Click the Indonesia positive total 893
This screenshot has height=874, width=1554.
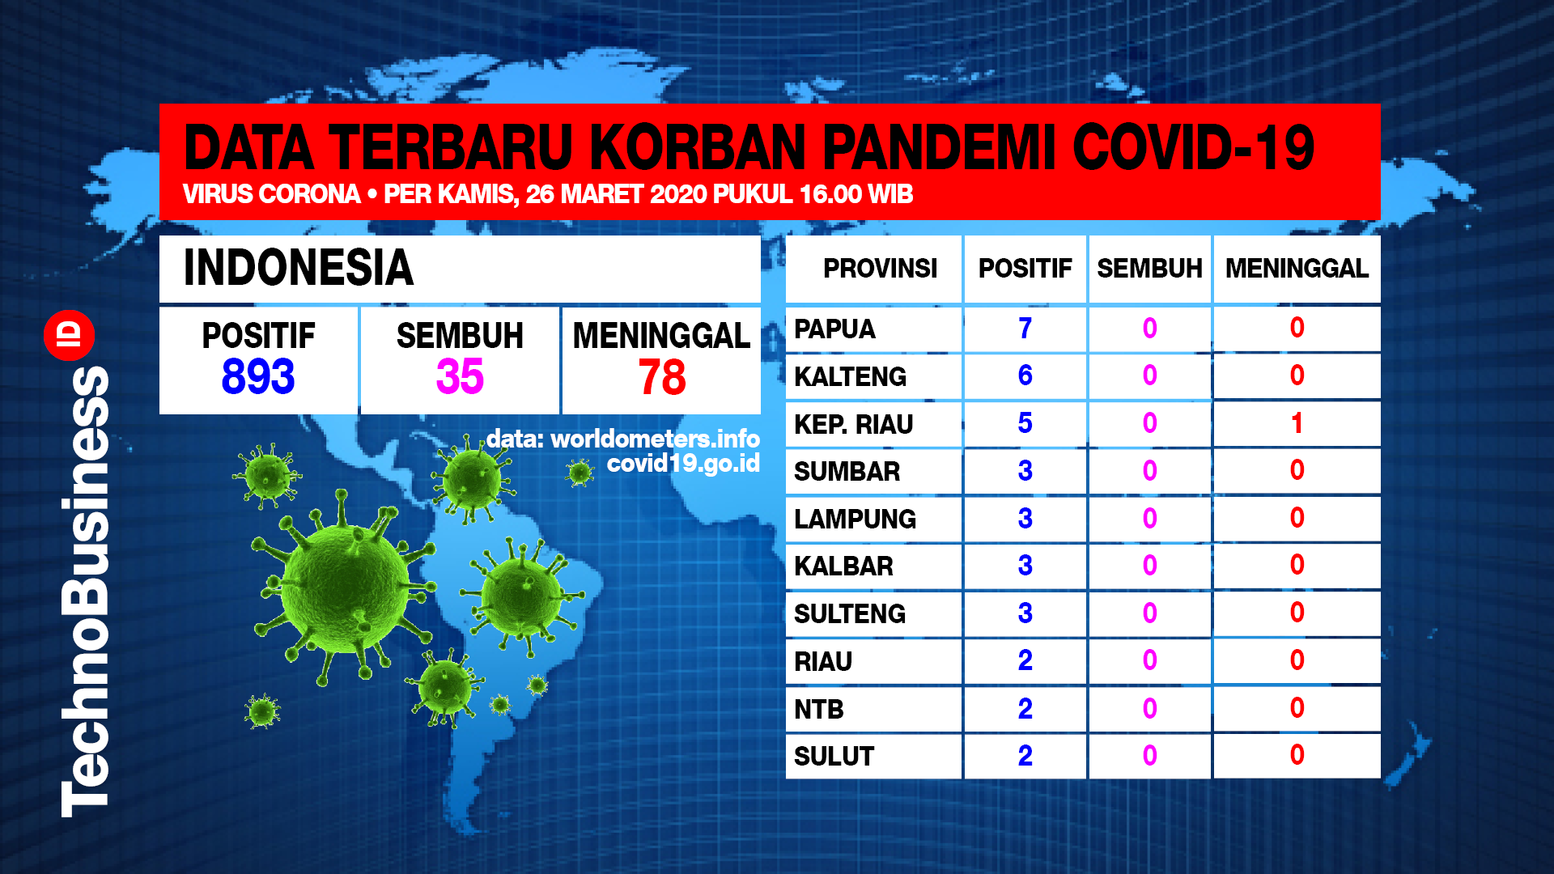tap(258, 377)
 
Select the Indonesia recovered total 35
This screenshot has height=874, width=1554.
tap(460, 377)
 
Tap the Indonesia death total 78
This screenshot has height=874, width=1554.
tap(662, 377)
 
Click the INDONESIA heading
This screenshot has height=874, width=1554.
tap(299, 268)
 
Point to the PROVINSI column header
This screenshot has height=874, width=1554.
tap(881, 268)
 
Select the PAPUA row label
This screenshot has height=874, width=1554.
tap(834, 329)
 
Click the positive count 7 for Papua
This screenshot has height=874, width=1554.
tap(1025, 329)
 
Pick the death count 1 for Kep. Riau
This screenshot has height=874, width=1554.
tap(1297, 423)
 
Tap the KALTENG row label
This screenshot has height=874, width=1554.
tap(850, 376)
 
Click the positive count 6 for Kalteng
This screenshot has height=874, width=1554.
tap(1025, 375)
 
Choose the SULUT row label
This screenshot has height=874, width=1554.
tap(834, 756)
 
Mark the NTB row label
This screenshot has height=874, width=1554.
tap(819, 709)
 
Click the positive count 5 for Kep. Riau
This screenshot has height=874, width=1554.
tap(1025, 423)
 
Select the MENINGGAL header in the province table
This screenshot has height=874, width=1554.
tap(1297, 268)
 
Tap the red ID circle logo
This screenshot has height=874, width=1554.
tap(70, 335)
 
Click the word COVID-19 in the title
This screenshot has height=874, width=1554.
tap(1194, 148)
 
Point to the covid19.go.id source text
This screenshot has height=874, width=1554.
tap(683, 464)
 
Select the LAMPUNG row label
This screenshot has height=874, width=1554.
tap(855, 519)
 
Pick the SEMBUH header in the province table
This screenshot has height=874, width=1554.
tap(1149, 268)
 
